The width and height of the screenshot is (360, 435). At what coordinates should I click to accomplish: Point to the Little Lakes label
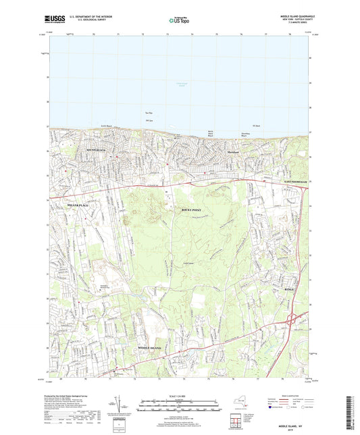[176, 264]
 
